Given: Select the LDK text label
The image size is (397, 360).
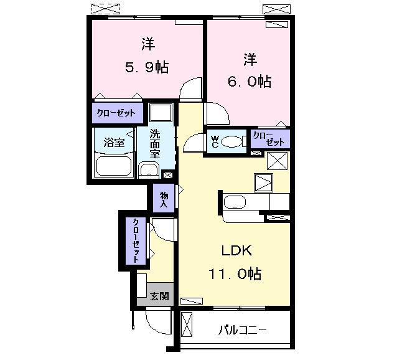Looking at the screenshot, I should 236,250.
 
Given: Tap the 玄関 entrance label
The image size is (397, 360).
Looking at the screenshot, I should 159,296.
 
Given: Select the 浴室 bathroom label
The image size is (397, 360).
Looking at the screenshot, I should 114,142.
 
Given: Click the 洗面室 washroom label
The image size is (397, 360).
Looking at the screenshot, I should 158,144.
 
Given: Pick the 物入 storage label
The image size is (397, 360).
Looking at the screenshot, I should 164,199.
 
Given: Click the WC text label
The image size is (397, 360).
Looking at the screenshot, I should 214,141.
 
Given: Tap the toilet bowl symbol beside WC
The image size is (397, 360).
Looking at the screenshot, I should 233,142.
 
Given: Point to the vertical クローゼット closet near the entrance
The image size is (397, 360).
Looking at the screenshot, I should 135,240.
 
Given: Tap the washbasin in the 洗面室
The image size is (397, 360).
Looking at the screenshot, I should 148,170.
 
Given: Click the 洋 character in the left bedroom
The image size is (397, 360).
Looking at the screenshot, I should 147,44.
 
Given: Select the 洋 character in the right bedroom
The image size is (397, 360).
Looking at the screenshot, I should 250,60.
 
